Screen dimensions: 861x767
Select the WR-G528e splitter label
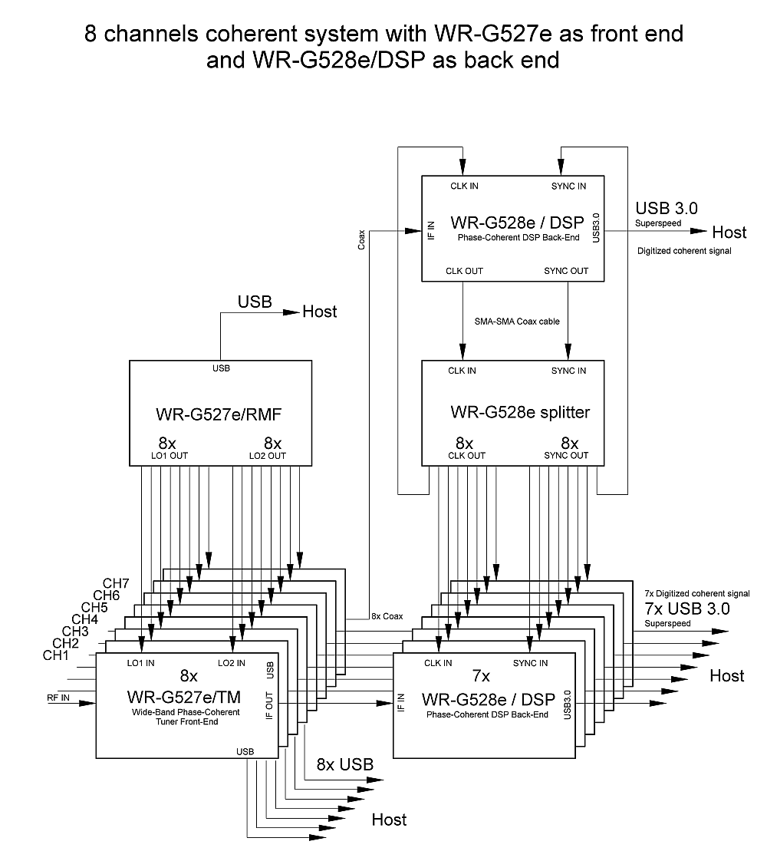[520, 412]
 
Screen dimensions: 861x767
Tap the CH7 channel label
[116, 583]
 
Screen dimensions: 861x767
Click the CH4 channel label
[84, 619]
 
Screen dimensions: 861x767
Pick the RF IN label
[58, 698]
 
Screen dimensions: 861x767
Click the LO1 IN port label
[141, 662]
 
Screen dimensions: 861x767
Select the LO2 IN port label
[232, 662]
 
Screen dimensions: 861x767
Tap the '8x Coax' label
[388, 616]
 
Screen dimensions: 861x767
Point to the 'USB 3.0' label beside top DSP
[667, 208]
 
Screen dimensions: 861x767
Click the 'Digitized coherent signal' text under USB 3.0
[684, 250]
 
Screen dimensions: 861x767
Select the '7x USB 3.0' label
[686, 609]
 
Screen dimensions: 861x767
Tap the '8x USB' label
[344, 764]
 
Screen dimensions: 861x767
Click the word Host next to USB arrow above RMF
[320, 312]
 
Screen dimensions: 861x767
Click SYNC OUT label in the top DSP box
[566, 271]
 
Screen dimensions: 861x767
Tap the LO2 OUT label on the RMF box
[267, 456]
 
